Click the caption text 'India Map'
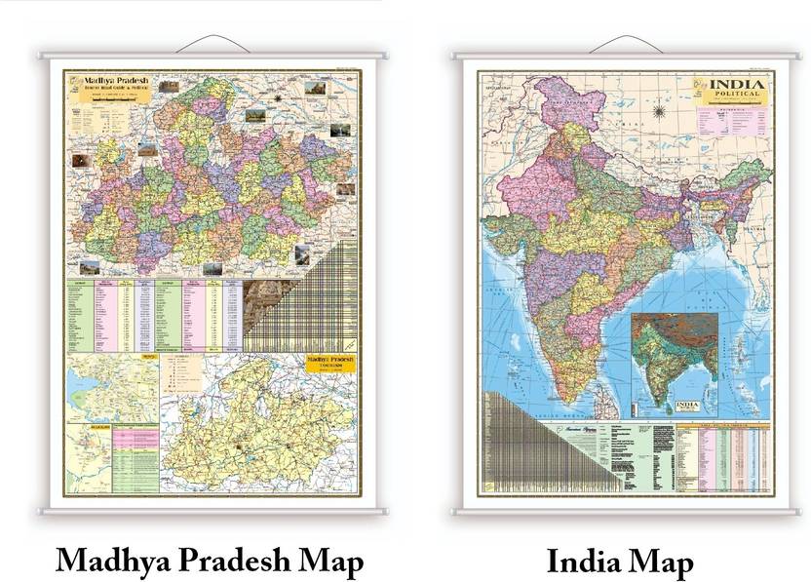(x=620, y=562)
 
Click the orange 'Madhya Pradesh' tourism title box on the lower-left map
(x=330, y=362)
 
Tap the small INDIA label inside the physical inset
(x=688, y=402)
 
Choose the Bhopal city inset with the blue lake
(x=113, y=385)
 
